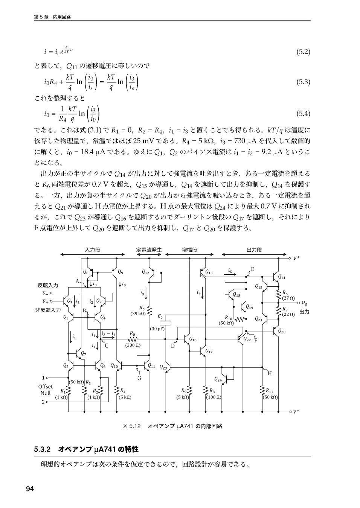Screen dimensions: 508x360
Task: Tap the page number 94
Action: pos(30,488)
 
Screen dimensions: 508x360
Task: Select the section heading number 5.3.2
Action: pos(42,449)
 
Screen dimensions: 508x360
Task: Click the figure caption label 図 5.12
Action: pos(131,426)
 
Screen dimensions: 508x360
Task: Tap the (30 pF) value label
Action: pos(157,329)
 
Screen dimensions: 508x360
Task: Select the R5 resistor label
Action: pos(142,308)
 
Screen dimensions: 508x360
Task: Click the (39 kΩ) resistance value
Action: pos(138,313)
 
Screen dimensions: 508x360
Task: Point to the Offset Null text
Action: pos(45,389)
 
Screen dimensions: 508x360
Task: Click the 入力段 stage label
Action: pos(92,249)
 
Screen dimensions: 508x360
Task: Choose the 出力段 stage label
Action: pos(254,249)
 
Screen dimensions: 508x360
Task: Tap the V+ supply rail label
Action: pos(297,258)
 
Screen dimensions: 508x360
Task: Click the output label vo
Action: pos(304,303)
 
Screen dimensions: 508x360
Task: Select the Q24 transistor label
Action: pos(218,379)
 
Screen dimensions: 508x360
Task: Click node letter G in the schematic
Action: pos(139,378)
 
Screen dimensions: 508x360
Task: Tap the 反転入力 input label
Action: pos(48,285)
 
